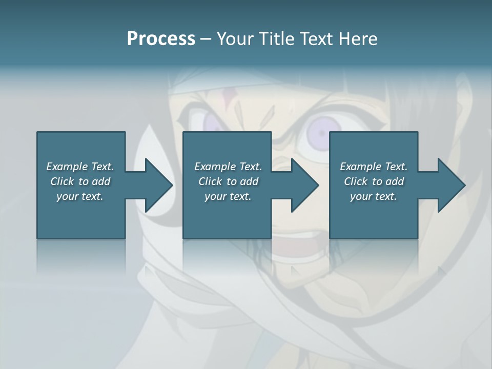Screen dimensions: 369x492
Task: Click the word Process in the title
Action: [x=161, y=39]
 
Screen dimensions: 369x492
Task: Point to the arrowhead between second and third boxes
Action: [x=304, y=185]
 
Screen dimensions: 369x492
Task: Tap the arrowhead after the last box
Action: [x=451, y=185]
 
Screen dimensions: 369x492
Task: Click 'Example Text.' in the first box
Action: [x=80, y=167]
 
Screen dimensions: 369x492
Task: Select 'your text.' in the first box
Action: [x=80, y=196]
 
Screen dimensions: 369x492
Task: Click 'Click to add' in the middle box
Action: [x=228, y=181]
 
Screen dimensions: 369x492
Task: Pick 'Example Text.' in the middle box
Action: [x=228, y=167]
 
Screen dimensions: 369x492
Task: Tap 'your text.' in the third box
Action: [x=374, y=196]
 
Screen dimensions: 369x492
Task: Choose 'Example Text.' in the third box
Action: [x=374, y=167]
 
